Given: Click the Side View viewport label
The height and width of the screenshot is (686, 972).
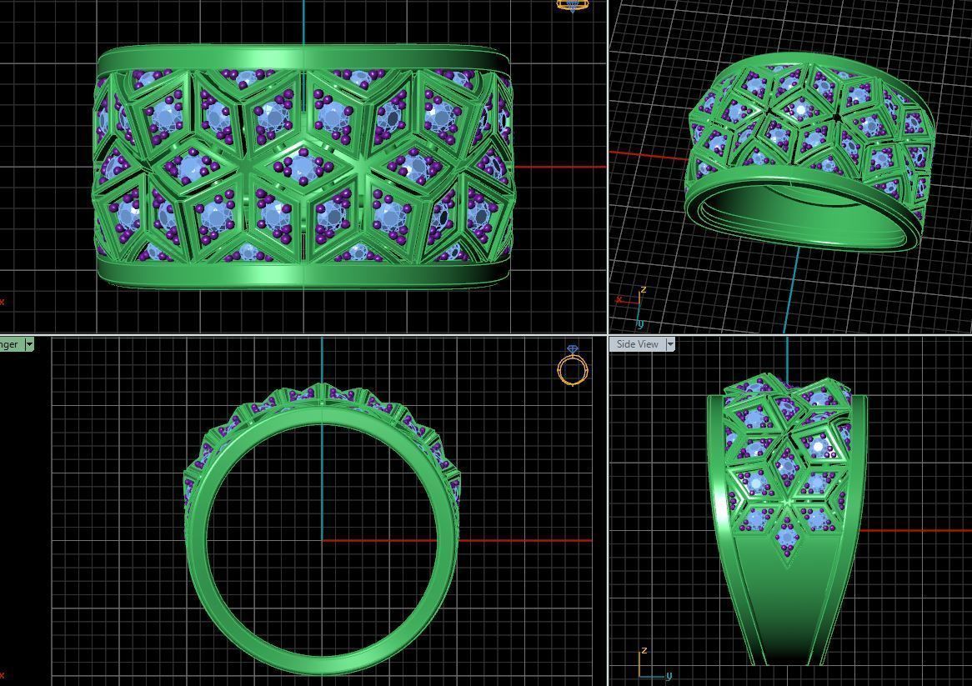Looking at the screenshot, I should [x=637, y=344].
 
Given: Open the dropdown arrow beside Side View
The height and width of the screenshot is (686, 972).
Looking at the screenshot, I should [x=669, y=344].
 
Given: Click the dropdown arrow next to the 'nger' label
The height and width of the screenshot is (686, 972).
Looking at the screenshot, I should [x=29, y=344].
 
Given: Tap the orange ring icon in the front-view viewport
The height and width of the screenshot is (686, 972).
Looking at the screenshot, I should [x=572, y=367].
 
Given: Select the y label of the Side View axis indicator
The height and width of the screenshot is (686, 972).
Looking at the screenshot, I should [x=668, y=675].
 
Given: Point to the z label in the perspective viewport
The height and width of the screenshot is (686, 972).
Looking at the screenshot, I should [x=643, y=290].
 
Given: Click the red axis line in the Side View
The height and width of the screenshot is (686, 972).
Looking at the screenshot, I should [x=917, y=530].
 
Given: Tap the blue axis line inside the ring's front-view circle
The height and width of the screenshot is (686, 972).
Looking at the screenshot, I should [x=322, y=483].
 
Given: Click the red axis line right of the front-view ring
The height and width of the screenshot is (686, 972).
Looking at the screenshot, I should [x=525, y=540].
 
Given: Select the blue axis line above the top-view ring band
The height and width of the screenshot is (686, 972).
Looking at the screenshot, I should [x=303, y=21].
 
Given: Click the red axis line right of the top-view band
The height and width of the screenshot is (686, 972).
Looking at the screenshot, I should [x=559, y=167].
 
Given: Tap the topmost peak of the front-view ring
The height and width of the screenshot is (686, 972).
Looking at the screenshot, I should [x=322, y=387].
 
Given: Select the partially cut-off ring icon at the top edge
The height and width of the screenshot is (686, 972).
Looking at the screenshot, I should [x=572, y=5].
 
